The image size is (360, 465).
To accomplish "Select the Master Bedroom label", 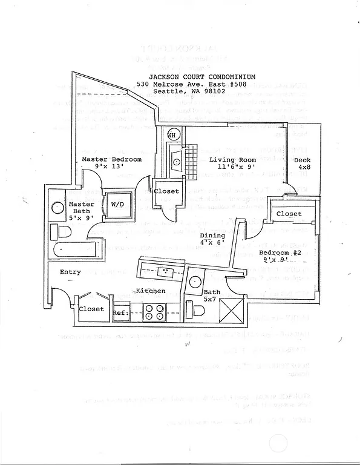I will [112, 159].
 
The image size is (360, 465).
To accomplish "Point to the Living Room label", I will [232, 160].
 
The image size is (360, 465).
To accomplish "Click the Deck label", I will [304, 159].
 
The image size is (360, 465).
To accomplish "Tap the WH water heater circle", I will [172, 135].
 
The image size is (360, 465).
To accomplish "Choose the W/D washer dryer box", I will [118, 204].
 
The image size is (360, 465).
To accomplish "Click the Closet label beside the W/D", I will [166, 191].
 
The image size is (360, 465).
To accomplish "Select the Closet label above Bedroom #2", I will [289, 214].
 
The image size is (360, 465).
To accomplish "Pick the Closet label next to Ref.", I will [91, 309].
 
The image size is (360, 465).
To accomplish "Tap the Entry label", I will [70, 272].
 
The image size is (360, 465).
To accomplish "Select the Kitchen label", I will [151, 291].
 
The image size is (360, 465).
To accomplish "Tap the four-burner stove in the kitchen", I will [154, 312].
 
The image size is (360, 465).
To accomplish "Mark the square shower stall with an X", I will [232, 311].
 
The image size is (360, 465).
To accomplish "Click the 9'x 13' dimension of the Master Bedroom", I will [109, 167].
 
